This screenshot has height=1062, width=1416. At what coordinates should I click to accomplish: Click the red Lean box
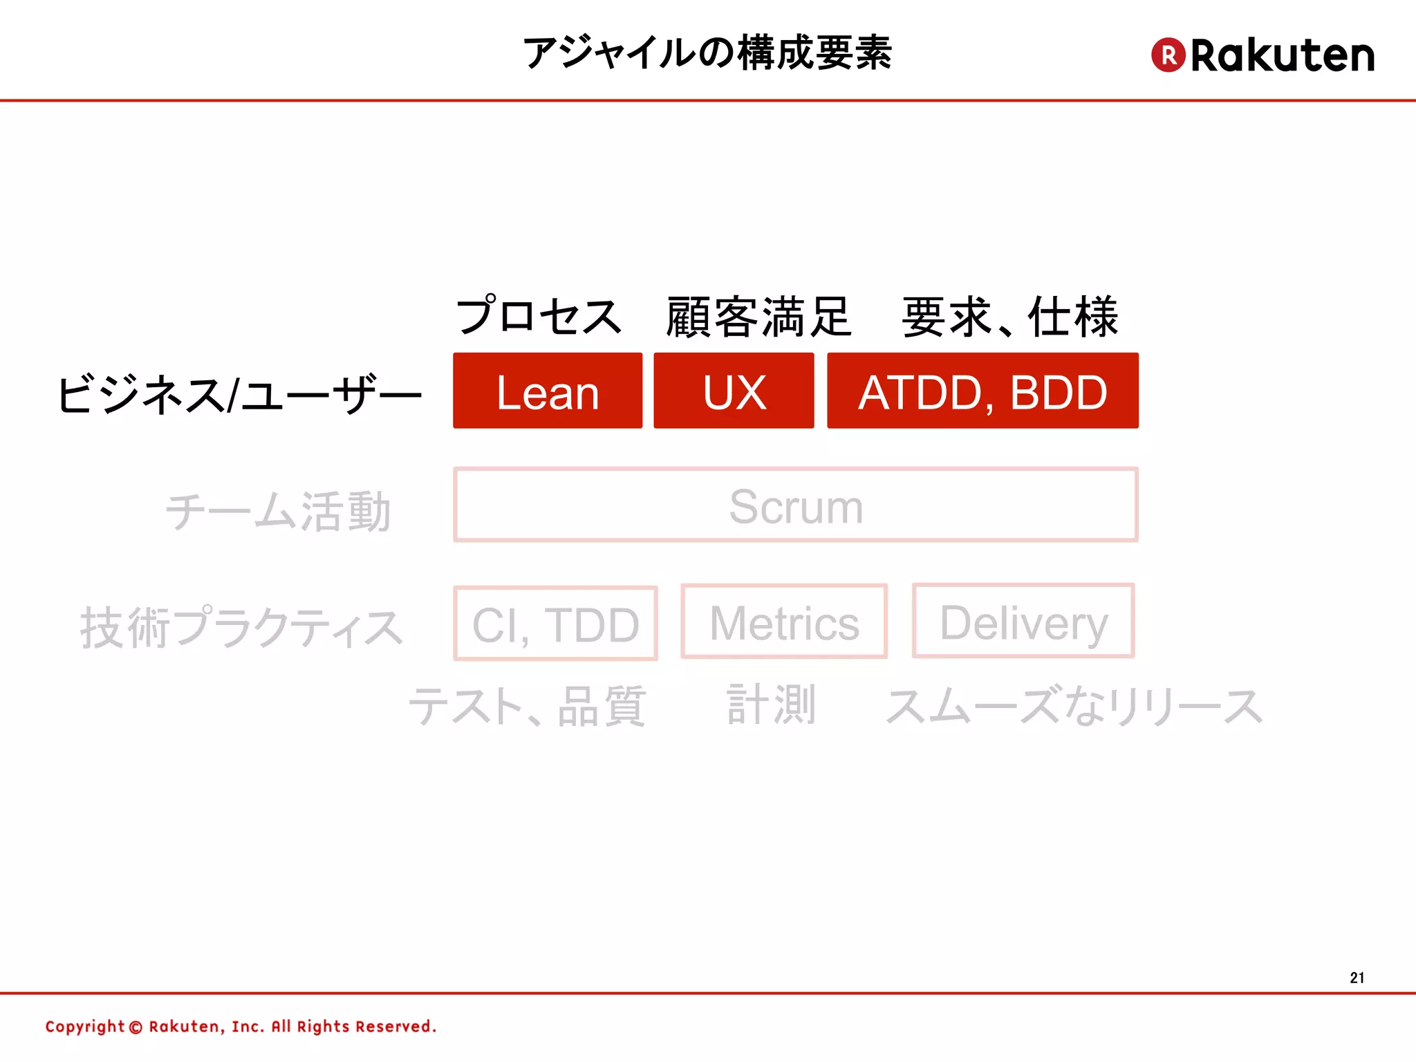pos(548,391)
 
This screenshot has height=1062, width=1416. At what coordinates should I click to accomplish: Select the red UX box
pos(734,391)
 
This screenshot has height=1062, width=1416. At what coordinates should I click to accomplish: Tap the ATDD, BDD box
pos(982,391)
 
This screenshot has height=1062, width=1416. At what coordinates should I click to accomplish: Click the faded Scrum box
pos(796,505)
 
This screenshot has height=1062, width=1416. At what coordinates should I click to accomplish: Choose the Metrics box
pos(784,622)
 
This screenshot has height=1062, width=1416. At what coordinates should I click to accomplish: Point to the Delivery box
pos(1023,621)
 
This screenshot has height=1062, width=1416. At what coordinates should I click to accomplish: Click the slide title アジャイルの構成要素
pos(707,53)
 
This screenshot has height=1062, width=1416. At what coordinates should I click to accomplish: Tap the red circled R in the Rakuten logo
pos(1168,55)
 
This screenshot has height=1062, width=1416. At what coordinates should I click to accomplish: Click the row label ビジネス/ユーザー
pos(239,395)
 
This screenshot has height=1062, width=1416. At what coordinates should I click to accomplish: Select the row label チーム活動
pos(279,512)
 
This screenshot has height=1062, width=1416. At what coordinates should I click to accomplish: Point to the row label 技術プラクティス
pos(242,628)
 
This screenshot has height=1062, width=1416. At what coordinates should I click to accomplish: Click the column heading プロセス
pos(539,317)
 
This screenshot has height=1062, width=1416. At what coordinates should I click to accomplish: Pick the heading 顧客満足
pos(758,317)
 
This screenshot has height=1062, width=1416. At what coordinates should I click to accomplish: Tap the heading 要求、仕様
pos(1010,317)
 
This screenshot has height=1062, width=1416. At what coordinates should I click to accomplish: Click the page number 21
pos(1357,978)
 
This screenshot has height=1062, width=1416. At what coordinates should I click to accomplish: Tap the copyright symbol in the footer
pos(136,1027)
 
